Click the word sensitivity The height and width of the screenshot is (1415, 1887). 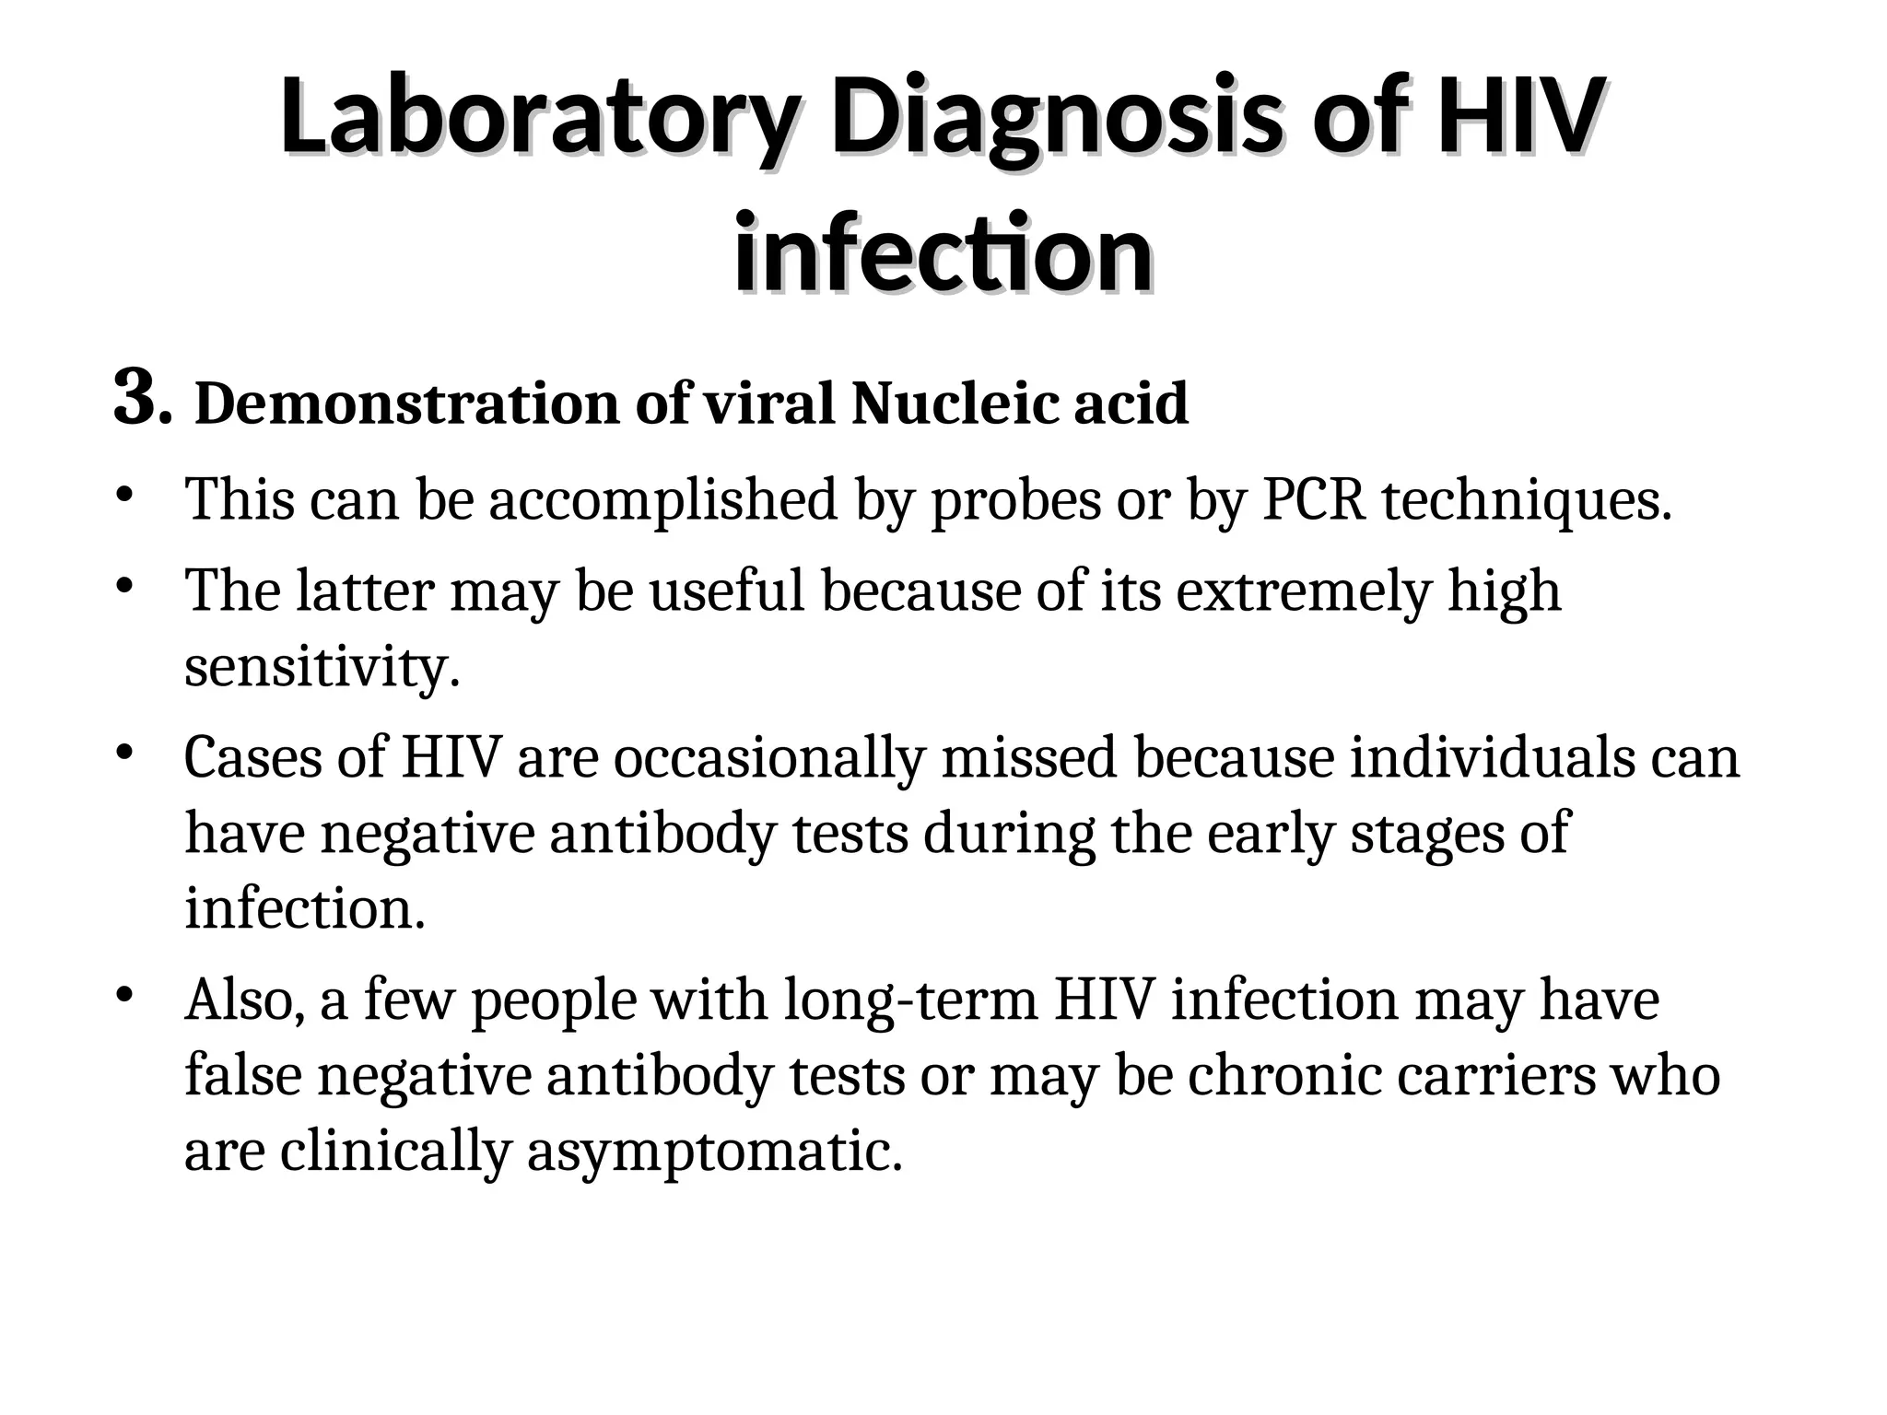coord(322,667)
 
